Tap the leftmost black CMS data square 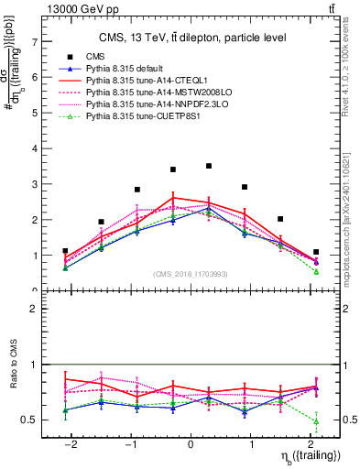tap(65, 250)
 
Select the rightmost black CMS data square tap(316, 252)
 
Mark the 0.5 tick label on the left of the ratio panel tap(33, 420)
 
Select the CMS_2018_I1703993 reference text tap(191, 275)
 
